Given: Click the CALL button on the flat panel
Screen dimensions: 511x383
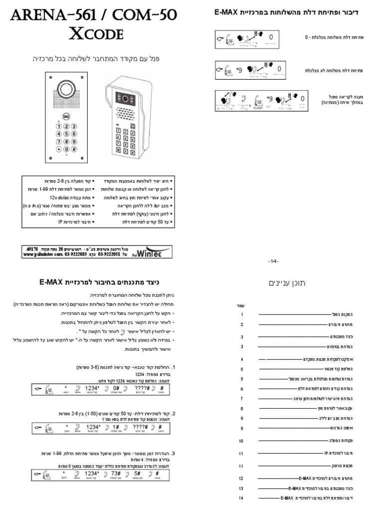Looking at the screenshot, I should pyautogui.click(x=66, y=116).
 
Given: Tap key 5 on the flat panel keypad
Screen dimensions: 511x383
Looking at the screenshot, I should pyautogui.click(x=66, y=134).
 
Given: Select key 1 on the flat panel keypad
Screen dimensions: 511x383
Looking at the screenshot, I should pyautogui.click(x=59, y=127).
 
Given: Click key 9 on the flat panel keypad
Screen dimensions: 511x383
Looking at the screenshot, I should pyautogui.click(x=74, y=141).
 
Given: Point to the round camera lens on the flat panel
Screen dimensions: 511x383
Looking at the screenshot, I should pyautogui.click(x=66, y=89).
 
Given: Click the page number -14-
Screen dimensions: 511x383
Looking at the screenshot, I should pyautogui.click(x=273, y=261).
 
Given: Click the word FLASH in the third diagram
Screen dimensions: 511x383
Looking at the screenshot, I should pyautogui.click(x=258, y=107).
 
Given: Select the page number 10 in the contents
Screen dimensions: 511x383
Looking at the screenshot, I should pyautogui.click(x=241, y=441).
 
